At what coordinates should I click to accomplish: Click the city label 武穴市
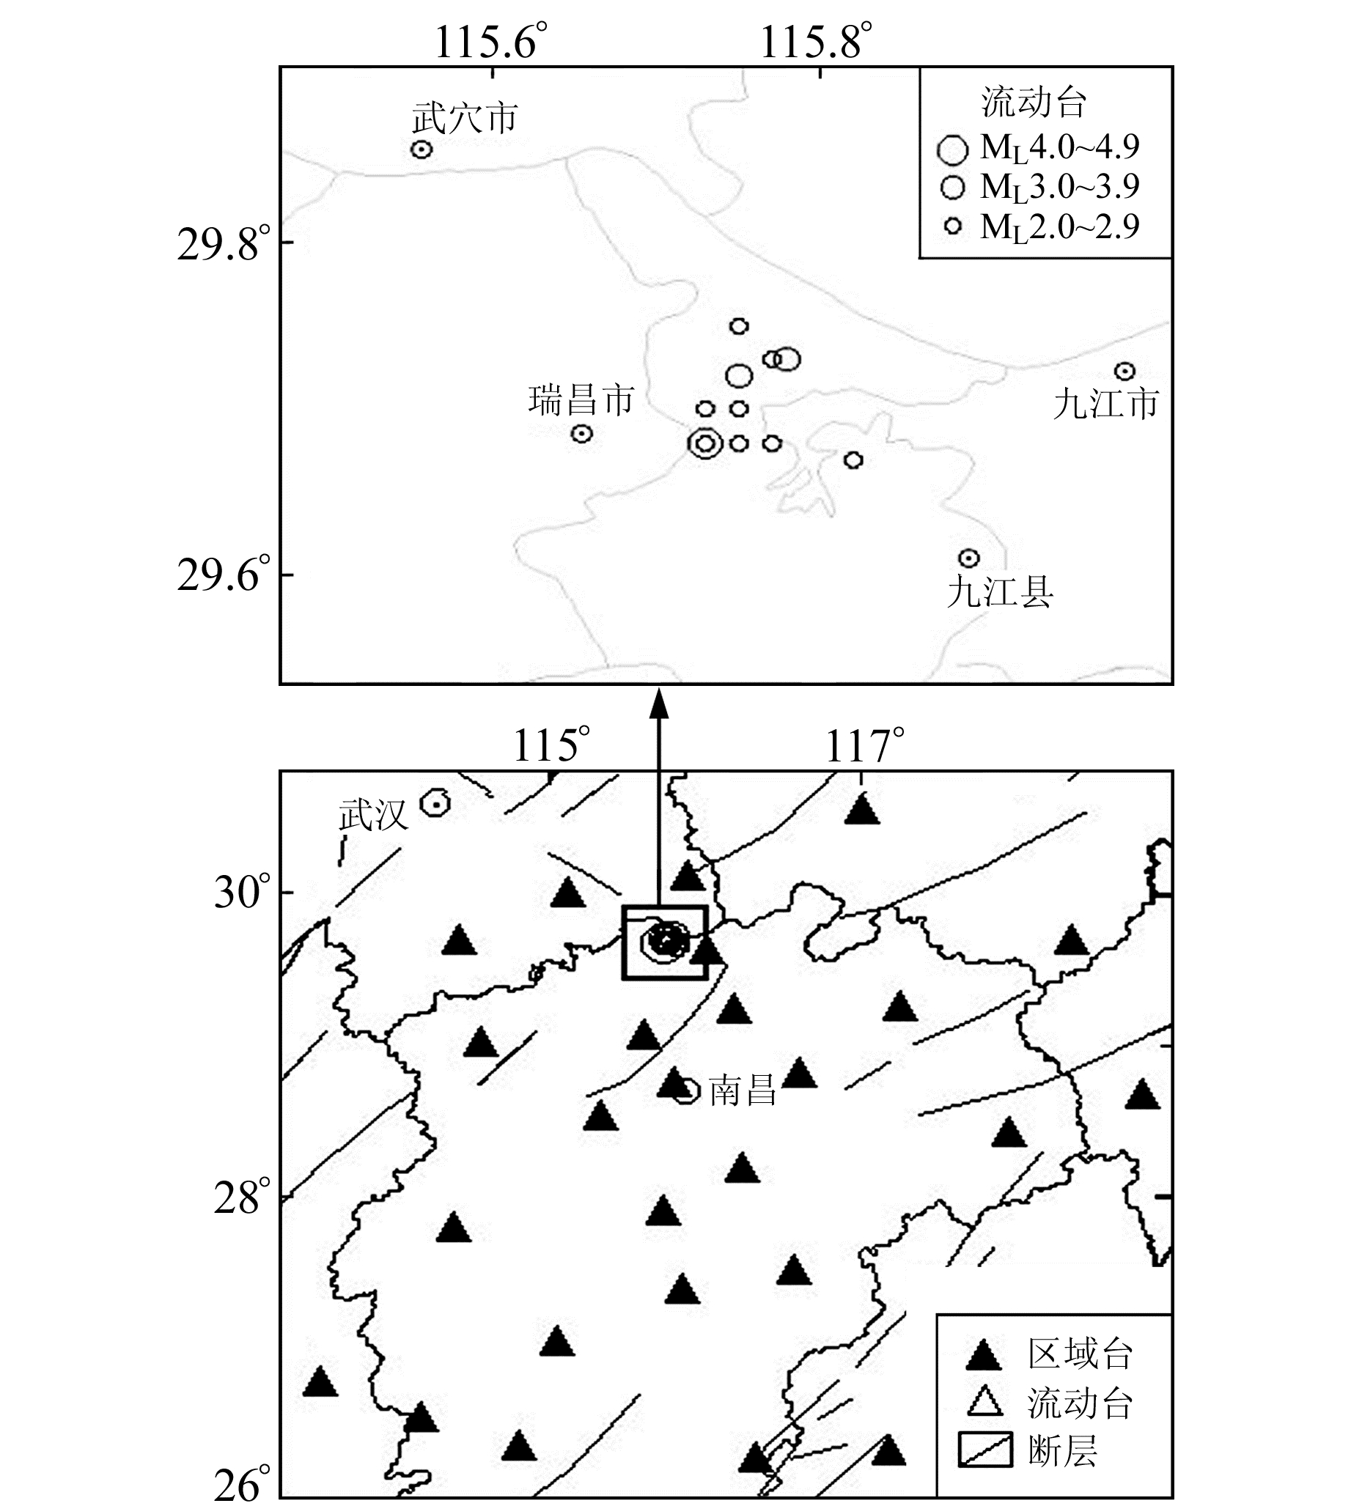(x=465, y=119)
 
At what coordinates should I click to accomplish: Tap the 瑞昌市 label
(x=581, y=400)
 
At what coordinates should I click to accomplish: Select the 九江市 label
(x=1105, y=404)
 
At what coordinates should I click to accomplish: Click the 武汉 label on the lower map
(x=373, y=816)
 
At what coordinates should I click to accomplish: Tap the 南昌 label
(x=743, y=1091)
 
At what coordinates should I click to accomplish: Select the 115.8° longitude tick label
(x=815, y=42)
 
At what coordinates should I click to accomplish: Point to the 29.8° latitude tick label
(x=224, y=245)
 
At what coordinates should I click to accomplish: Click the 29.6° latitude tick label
(x=224, y=575)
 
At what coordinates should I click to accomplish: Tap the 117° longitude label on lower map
(x=864, y=746)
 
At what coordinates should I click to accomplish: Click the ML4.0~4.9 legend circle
(x=952, y=150)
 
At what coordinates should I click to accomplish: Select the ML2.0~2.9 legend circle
(x=953, y=226)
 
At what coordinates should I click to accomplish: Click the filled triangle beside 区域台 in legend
(x=984, y=1355)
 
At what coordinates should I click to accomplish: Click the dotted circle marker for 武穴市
(x=422, y=150)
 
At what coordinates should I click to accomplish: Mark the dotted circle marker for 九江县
(x=968, y=558)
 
